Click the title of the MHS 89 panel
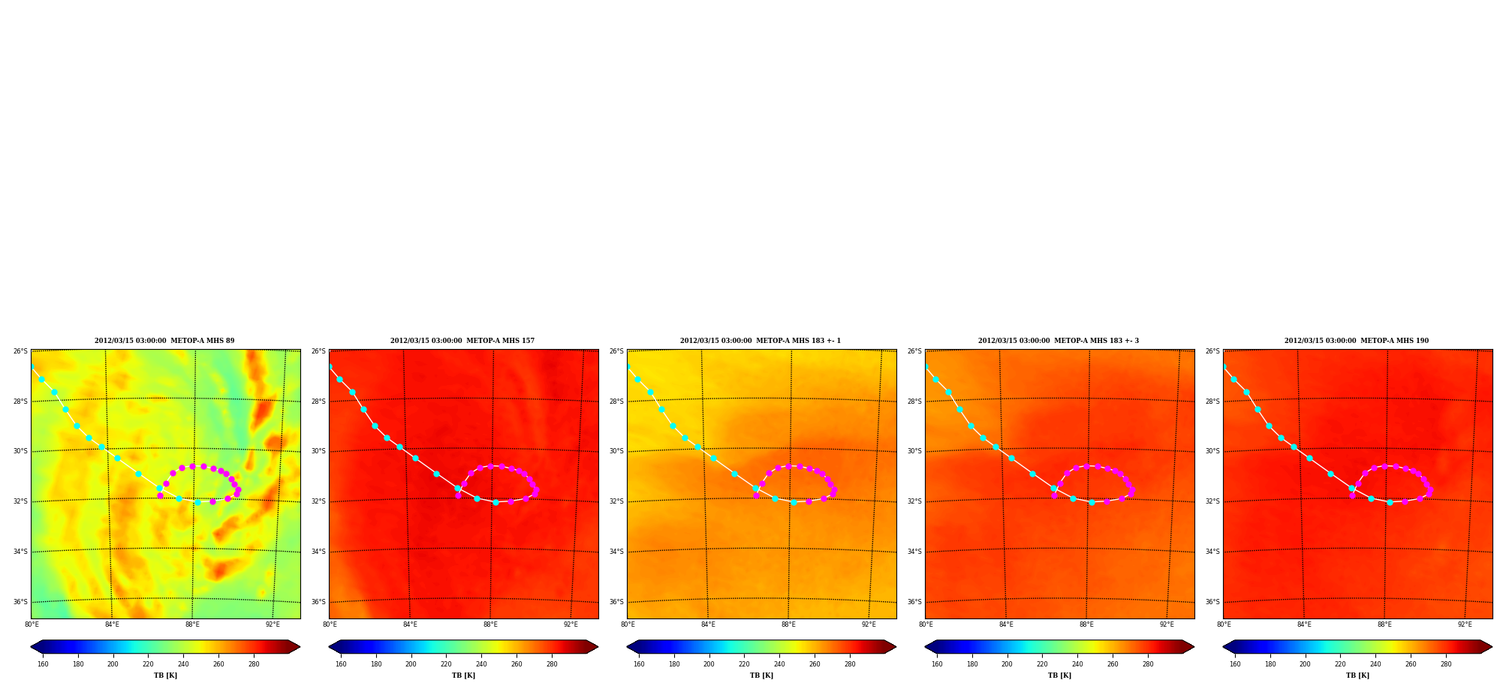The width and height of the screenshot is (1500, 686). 164,341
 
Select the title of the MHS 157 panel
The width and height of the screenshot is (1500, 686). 462,341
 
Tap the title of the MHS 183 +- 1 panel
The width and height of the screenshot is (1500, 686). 761,341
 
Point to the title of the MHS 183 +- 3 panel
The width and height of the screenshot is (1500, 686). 1059,341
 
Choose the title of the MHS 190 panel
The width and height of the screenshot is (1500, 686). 1357,341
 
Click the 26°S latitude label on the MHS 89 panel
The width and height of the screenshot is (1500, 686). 20,351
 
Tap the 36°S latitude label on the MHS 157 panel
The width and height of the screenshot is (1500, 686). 318,602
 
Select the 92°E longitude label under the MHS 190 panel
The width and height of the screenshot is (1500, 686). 1465,624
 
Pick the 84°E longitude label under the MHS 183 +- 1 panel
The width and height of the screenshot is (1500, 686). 708,624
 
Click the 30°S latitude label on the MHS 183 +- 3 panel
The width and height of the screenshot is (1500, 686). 914,451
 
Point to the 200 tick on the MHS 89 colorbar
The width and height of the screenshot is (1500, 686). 113,664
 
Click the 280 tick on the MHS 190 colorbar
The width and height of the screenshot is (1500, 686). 1446,664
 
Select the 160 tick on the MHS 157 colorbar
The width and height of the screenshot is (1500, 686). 341,664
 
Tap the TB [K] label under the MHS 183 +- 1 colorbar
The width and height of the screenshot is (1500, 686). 761,675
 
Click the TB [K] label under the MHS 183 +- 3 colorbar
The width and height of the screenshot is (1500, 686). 1059,675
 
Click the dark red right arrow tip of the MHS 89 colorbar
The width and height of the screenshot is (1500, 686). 300,647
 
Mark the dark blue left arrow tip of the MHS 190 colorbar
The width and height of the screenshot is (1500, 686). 1223,647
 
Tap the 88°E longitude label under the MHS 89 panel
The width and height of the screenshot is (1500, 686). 192,624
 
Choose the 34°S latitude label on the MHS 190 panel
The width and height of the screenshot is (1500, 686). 1212,552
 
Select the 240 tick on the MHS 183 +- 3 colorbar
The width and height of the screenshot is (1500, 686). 1077,664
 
